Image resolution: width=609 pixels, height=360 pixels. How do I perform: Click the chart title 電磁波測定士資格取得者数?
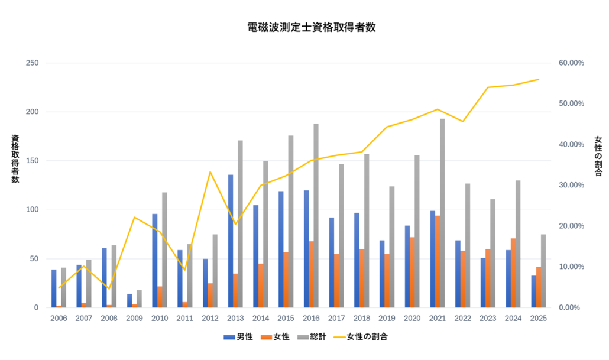(311, 27)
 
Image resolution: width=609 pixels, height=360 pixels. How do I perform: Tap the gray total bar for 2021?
(442, 213)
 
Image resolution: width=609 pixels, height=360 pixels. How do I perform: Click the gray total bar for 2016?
(316, 215)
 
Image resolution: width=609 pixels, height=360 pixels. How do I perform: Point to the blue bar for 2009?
(129, 300)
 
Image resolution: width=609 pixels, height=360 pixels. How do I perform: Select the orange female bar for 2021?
(438, 261)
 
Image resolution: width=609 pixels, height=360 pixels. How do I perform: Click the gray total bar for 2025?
(543, 271)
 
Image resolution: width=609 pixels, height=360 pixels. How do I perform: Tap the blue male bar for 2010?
(155, 260)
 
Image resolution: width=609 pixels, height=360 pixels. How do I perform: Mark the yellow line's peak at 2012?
(210, 171)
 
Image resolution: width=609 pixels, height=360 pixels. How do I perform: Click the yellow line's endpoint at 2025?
(539, 79)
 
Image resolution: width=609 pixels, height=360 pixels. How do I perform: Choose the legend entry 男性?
(240, 337)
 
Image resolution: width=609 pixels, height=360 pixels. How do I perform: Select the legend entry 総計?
(315, 337)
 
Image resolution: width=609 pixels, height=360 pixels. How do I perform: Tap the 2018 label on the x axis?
(362, 317)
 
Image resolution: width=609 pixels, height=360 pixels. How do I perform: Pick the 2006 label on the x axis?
(59, 317)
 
